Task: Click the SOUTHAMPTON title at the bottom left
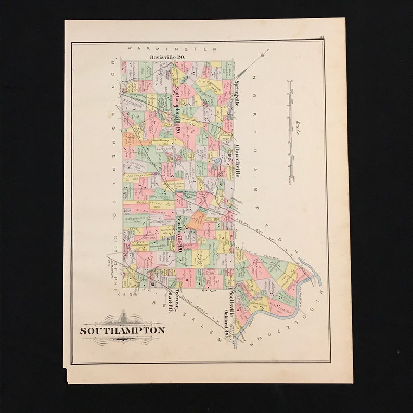tap(122, 330)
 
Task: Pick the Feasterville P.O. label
tap(178, 234)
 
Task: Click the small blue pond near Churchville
tap(216, 162)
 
